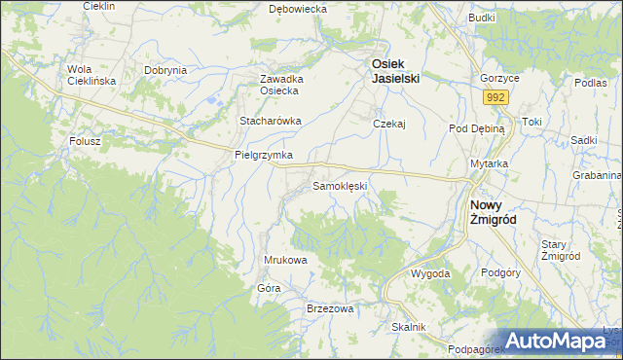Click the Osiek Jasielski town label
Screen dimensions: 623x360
click(393, 71)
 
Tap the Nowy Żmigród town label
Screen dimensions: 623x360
click(492, 212)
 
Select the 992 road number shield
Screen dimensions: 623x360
click(496, 97)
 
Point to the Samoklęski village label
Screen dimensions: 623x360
click(339, 185)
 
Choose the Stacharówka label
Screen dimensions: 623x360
click(271, 122)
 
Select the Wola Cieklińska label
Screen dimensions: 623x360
click(92, 75)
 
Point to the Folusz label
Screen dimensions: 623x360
click(86, 141)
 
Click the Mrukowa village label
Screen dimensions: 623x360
click(286, 260)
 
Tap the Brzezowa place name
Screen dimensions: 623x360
click(329, 307)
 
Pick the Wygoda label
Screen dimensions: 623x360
click(429, 273)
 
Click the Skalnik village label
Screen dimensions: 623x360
click(409, 327)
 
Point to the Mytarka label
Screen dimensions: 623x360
click(490, 163)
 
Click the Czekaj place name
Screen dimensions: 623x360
click(388, 124)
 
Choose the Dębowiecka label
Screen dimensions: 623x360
click(298, 8)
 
